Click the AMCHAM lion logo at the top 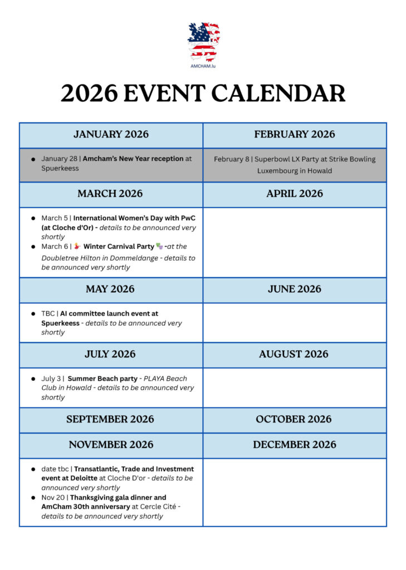tap(203, 42)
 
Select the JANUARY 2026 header tap(111, 134)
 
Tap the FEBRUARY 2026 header tap(295, 134)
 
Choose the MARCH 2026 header tap(110, 194)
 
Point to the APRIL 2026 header tap(295, 194)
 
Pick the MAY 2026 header tap(110, 289)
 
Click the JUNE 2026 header tap(295, 289)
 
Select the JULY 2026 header tap(110, 354)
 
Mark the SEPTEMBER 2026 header tap(110, 419)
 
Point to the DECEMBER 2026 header tap(294, 445)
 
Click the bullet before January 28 tap(33, 159)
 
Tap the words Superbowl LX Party tap(278, 159)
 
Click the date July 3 tap(52, 379)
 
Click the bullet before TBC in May tap(33, 314)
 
